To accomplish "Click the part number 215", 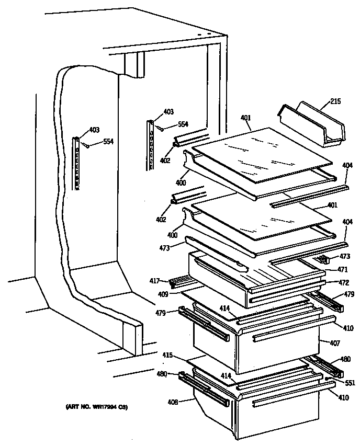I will point(335,101).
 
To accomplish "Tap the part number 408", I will point(173,403).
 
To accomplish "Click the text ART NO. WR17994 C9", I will point(97,407).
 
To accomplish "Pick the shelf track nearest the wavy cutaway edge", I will point(77,163).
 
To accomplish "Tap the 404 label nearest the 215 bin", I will point(347,165).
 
